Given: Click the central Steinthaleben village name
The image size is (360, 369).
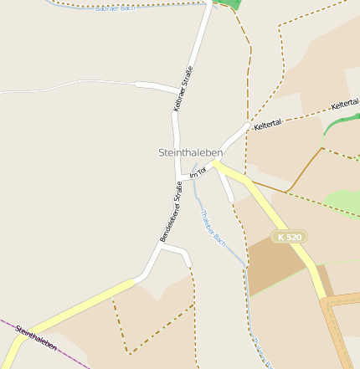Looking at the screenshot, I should pos(190,153).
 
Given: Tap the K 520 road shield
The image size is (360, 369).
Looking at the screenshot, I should pos(289,238).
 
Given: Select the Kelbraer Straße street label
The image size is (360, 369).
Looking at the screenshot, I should pos(183,89).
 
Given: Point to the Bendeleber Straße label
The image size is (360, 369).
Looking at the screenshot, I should pos(172,218).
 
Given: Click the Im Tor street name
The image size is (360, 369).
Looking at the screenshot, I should pos(198,173).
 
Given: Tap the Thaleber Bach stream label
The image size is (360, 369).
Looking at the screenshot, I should pos(213,227).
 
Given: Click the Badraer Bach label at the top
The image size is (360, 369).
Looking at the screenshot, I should pos(116,8).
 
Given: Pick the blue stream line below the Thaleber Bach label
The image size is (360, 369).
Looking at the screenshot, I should pos(249,310).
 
